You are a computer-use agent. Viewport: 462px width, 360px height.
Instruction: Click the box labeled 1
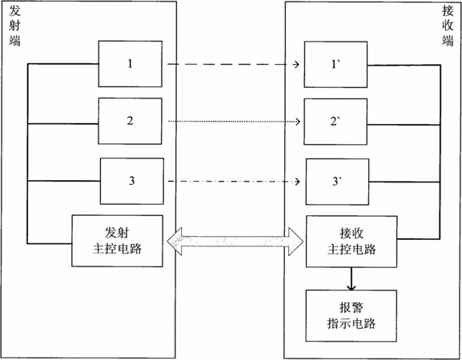131,64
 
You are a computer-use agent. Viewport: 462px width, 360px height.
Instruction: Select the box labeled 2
130,121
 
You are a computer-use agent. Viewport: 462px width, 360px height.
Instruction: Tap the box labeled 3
132,181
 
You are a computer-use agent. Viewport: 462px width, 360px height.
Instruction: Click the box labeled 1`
335,65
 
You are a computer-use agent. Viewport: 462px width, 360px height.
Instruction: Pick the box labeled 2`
335,122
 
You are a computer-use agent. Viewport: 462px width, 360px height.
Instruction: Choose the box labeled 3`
337,182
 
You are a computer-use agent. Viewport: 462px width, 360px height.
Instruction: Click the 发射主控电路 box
117,241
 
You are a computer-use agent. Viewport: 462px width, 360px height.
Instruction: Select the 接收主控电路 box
352,242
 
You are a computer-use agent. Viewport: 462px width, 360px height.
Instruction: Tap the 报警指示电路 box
352,316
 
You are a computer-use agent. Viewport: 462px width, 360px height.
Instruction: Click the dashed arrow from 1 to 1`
233,64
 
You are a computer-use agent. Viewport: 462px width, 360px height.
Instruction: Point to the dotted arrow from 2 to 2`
234,122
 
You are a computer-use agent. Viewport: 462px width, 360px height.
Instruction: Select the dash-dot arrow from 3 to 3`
234,182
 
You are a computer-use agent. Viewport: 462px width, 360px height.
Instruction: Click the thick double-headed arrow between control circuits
235,242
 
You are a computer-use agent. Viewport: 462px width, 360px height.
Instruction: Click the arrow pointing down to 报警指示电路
352,278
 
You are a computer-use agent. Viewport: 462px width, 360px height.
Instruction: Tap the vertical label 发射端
14,26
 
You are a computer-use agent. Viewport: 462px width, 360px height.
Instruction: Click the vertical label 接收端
448,26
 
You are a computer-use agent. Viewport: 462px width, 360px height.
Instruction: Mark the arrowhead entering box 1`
296,64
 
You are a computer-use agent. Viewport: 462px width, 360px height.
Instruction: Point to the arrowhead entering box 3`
297,182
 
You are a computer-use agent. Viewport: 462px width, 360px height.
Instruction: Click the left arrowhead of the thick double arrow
175,242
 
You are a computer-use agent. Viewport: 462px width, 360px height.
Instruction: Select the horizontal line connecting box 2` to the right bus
404,125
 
